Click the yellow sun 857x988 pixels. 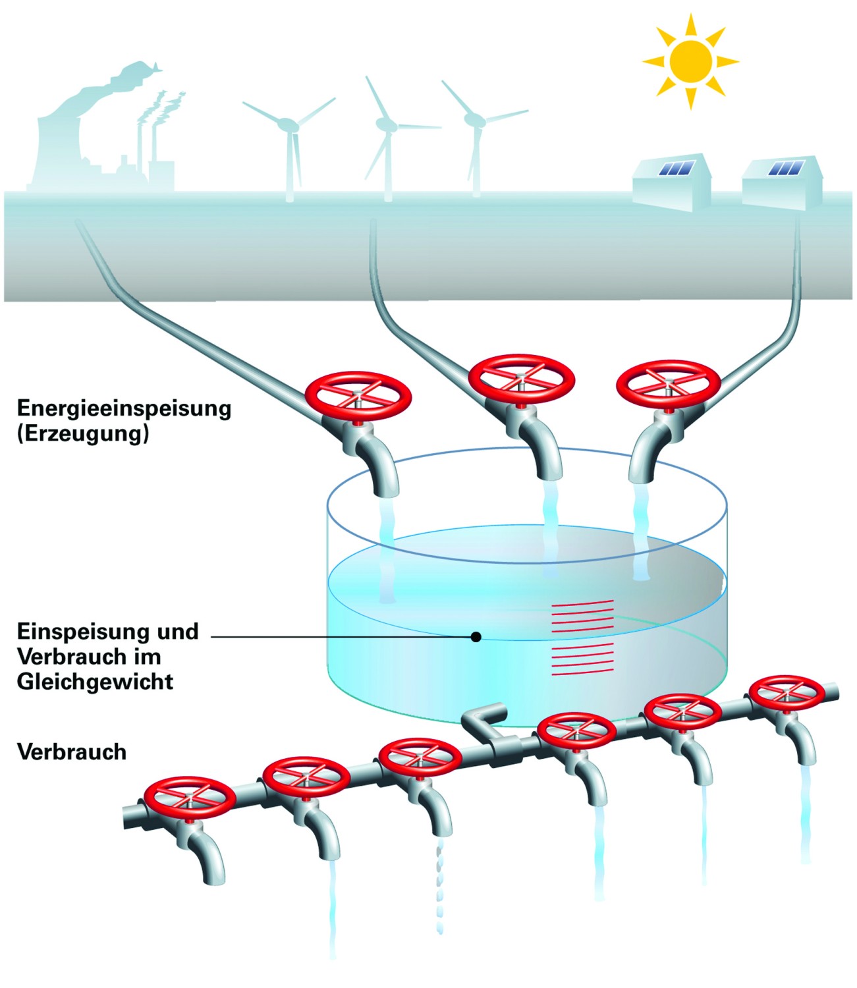click(690, 61)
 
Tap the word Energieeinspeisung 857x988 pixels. click(124, 409)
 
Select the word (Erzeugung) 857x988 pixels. click(82, 433)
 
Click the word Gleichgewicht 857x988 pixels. click(95, 682)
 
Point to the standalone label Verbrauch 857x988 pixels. click(71, 752)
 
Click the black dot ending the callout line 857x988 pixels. click(476, 637)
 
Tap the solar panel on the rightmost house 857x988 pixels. click(786, 168)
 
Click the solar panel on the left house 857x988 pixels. click(677, 168)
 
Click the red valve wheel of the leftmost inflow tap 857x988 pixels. click(358, 395)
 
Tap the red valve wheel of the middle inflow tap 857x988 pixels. click(521, 377)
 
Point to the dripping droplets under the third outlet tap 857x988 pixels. click(439, 886)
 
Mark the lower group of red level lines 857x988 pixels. click(583, 659)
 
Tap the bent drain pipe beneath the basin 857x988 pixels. click(484, 719)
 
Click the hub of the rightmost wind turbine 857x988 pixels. click(474, 119)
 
